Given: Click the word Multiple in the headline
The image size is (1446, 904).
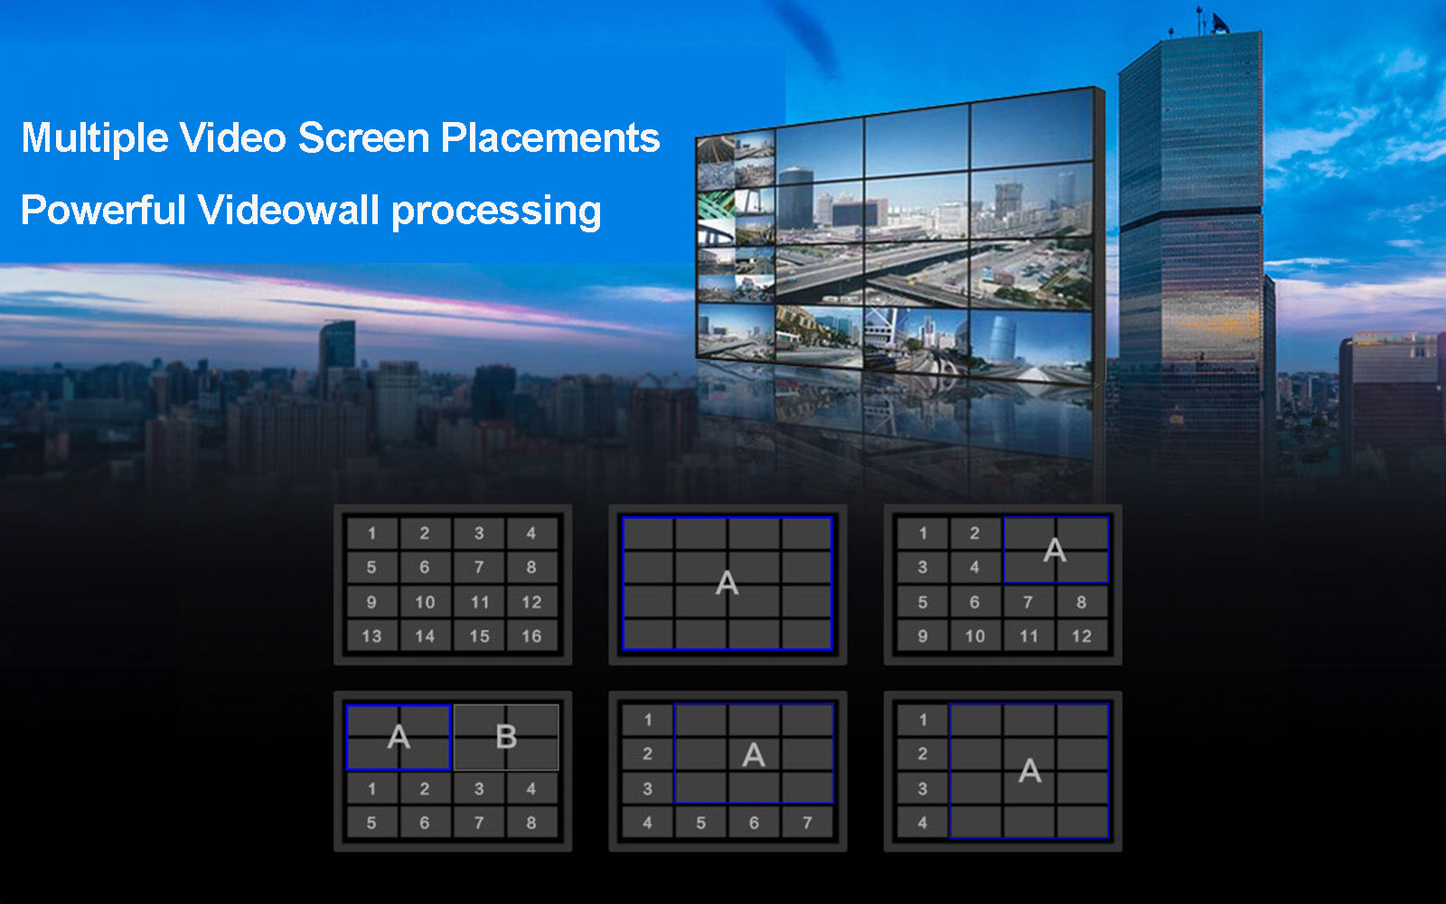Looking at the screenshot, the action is pyautogui.click(x=95, y=138).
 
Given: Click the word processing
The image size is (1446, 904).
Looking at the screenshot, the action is pyautogui.click(x=496, y=212).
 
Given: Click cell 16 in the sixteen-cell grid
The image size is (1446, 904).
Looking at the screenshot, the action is pyautogui.click(x=531, y=636).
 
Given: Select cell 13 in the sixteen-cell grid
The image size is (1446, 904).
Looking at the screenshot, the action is pyautogui.click(x=371, y=636).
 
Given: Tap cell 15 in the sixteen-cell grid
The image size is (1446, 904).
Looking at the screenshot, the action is pyautogui.click(x=479, y=636).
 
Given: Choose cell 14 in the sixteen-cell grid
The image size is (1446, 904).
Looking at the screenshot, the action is pyautogui.click(x=425, y=636).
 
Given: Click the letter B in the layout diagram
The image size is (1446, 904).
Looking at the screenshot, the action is pyautogui.click(x=506, y=737).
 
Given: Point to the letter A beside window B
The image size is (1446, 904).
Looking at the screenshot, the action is pyautogui.click(x=399, y=737).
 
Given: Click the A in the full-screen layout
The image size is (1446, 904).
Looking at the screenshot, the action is pyautogui.click(x=727, y=583).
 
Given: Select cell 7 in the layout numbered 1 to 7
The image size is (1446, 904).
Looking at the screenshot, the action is pyautogui.click(x=807, y=823).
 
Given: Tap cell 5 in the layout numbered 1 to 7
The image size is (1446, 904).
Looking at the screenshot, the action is pyautogui.click(x=700, y=823).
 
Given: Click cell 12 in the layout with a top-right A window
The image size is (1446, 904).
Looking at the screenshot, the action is pyautogui.click(x=1082, y=636).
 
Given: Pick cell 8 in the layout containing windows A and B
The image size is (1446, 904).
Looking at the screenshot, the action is pyautogui.click(x=531, y=823).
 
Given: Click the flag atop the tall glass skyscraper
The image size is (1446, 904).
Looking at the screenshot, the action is pyautogui.click(x=1219, y=24).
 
